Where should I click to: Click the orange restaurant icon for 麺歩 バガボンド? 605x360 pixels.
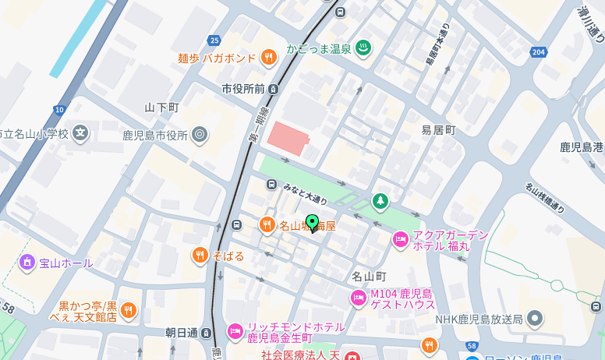[x=269, y=56]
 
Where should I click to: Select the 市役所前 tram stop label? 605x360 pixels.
[x=243, y=88]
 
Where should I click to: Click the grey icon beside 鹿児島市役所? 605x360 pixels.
[x=200, y=134]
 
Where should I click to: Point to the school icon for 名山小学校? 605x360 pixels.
[x=81, y=133]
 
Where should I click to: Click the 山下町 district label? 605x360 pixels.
[x=162, y=107]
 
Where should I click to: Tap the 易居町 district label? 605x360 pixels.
[x=438, y=129]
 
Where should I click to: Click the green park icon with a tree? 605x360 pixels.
[x=380, y=201]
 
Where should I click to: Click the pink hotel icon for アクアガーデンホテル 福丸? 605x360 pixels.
[x=400, y=238]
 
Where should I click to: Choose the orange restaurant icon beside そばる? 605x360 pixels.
[x=200, y=255]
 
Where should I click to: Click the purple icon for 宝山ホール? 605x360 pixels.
[x=27, y=263]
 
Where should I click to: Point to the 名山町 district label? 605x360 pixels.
[x=369, y=276]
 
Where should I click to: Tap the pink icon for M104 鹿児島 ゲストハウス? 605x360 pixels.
[x=359, y=297]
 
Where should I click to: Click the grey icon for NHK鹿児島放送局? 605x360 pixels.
[x=535, y=318]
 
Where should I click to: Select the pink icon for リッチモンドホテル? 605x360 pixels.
[x=235, y=332]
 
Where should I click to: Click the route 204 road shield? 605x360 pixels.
[x=537, y=52]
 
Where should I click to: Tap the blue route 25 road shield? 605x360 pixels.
[x=214, y=41]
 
